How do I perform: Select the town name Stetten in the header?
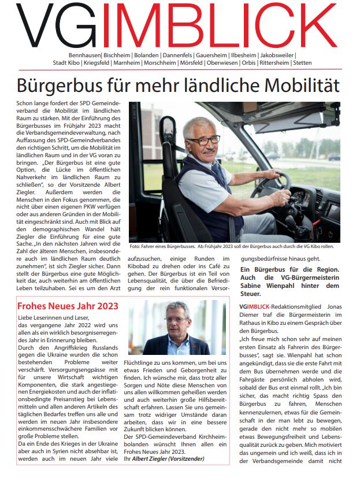click(302, 62)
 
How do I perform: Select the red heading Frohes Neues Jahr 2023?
click(68, 306)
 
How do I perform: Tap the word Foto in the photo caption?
click(135, 246)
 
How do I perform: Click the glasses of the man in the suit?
click(176, 319)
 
